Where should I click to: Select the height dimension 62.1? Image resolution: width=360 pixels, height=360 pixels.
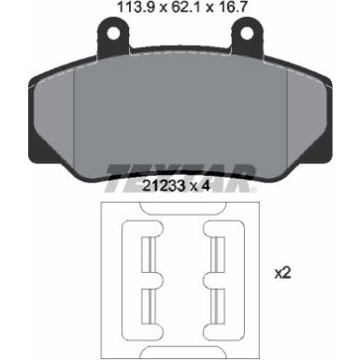(x=186, y=7)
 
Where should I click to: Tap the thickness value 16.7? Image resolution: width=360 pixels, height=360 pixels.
(x=233, y=7)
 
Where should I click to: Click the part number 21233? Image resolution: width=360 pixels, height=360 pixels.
(x=164, y=186)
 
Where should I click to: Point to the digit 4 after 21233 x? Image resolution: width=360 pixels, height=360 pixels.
(x=205, y=186)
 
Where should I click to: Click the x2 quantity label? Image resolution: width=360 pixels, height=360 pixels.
(x=282, y=274)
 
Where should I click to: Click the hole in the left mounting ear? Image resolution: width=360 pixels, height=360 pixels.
(x=114, y=33)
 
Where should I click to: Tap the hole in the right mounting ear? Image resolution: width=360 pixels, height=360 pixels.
(x=247, y=33)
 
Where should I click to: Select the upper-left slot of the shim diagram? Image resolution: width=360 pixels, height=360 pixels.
(x=149, y=253)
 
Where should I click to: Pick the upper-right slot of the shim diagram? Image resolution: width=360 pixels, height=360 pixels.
(x=218, y=253)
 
